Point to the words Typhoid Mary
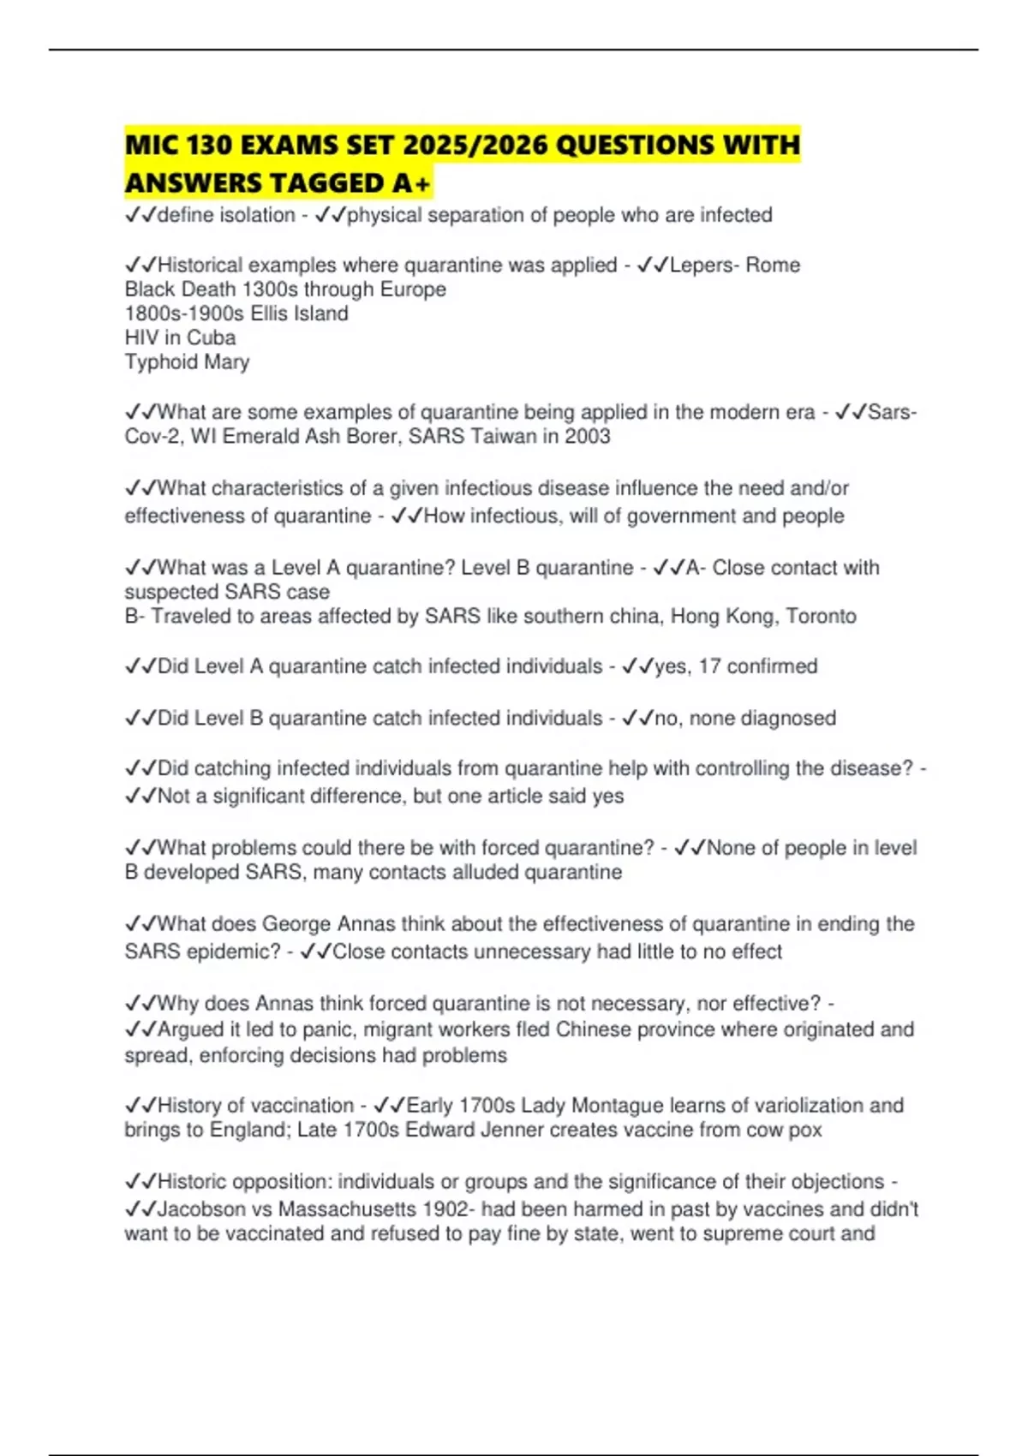click(187, 361)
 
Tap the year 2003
click(587, 436)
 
